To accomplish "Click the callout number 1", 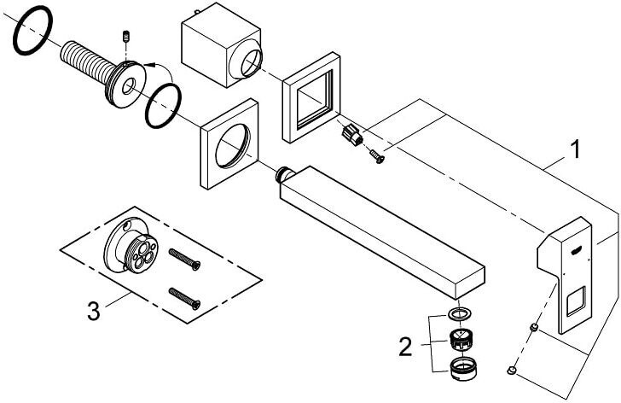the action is point(575,149).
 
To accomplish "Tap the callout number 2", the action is point(405,347).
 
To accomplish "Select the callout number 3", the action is point(94,311).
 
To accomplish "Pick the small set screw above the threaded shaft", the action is point(126,37).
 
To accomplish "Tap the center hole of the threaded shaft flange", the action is point(128,86).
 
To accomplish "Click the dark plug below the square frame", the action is point(351,135).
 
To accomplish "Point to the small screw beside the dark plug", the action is point(377,155).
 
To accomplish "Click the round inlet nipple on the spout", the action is point(283,174).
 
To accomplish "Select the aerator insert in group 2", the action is point(461,339).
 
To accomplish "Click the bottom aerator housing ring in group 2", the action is point(463,369).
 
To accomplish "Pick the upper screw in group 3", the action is point(184,260).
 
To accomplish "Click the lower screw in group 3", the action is point(184,298).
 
